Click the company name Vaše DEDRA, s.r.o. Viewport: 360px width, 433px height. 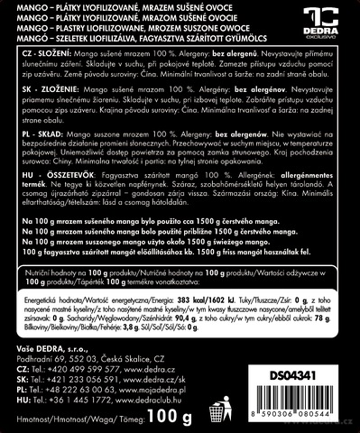coord(56,346)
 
